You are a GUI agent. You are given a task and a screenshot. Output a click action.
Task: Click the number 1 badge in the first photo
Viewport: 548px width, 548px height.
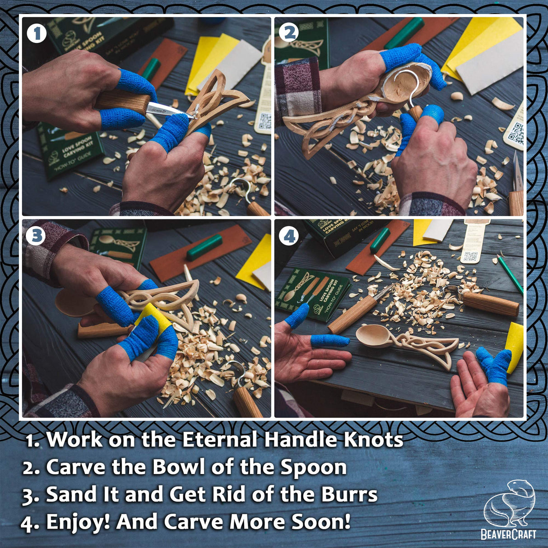click(x=37, y=33)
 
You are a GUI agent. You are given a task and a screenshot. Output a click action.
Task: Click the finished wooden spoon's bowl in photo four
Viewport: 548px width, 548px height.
click(x=374, y=336)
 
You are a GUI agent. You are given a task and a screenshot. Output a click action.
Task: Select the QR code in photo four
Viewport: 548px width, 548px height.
click(x=470, y=256)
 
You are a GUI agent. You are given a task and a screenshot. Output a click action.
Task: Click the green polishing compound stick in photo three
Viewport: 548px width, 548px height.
click(x=205, y=247)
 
